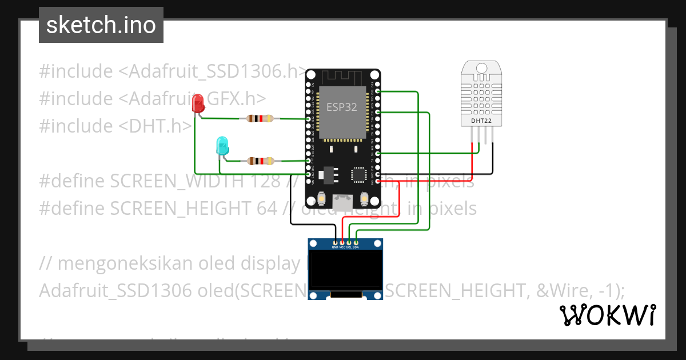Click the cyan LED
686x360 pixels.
221,146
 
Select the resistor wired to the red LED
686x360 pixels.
261,119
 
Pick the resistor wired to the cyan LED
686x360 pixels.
261,161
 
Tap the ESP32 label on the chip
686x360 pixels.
342,107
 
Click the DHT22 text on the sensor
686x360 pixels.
480,121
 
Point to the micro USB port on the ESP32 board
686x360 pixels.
343,203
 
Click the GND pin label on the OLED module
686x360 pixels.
335,247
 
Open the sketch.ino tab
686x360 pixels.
101,25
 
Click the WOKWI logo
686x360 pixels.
607,315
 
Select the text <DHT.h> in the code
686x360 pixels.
155,126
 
